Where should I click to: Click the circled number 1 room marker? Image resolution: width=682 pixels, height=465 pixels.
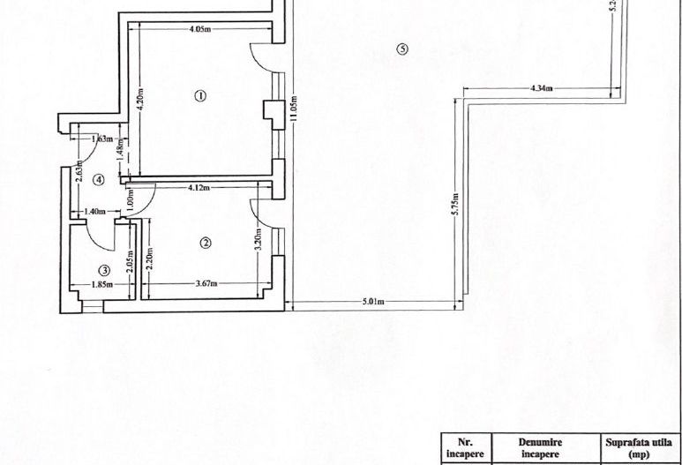point(200,95)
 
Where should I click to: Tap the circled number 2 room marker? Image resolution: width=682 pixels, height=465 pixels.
point(205,243)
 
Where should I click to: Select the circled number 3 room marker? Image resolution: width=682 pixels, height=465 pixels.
point(104,270)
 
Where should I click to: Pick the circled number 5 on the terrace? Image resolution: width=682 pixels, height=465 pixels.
point(402,49)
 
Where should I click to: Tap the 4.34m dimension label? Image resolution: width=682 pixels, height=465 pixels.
point(541,88)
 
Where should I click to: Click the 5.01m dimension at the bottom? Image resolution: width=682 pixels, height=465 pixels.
point(372,302)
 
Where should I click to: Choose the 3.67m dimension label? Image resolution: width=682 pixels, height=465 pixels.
point(206,283)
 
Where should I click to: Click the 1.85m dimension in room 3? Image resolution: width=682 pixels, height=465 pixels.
point(103,284)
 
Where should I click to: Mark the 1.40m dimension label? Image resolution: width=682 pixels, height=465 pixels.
point(94,212)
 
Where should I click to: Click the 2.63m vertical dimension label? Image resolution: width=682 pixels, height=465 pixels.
point(79,168)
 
